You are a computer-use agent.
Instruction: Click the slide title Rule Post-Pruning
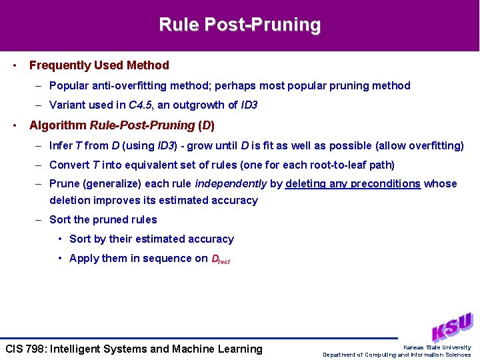point(239,25)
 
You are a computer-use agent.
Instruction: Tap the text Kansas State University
point(437,347)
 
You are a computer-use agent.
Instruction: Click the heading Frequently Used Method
point(99,65)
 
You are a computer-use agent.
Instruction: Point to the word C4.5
point(139,105)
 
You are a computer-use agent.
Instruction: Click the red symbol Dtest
point(220,259)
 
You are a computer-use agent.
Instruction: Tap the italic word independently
point(231,184)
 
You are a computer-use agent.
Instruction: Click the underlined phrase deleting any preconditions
point(353,184)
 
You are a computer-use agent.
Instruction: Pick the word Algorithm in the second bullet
point(57,125)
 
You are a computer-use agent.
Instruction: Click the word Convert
point(69,165)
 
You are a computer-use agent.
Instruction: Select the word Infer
point(61,145)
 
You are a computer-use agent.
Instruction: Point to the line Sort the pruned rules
point(103,219)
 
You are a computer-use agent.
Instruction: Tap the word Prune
point(65,184)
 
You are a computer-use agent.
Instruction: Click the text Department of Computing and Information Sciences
point(397,355)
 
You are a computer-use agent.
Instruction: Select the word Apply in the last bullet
point(84,259)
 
